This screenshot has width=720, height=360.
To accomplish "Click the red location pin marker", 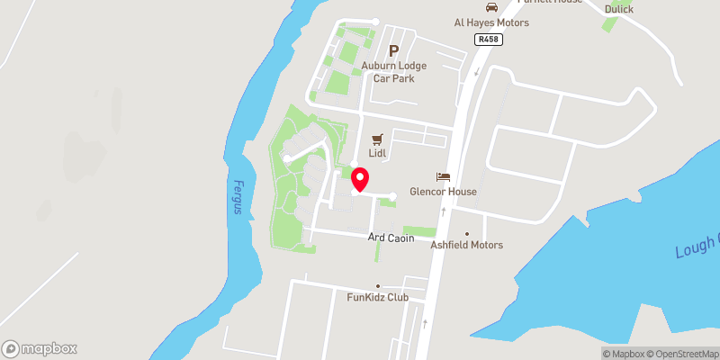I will [x=359, y=179].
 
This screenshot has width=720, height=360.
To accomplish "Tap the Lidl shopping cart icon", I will [x=377, y=140].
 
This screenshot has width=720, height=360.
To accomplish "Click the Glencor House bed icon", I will [x=442, y=177].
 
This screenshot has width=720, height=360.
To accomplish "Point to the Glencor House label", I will [x=442, y=192].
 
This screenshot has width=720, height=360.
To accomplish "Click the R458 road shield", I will [x=489, y=40].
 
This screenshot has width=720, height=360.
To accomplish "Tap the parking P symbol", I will [x=393, y=51].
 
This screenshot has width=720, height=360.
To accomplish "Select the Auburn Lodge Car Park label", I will [x=393, y=72].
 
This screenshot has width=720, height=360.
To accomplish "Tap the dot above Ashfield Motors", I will [x=466, y=234].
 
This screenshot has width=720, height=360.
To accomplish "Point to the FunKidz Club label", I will [x=378, y=297].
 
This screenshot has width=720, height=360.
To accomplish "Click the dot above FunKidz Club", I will [x=378, y=286].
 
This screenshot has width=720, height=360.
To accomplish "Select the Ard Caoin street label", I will [x=391, y=238].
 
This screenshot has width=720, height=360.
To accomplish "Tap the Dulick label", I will [x=619, y=9].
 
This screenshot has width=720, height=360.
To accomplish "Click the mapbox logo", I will [x=40, y=348].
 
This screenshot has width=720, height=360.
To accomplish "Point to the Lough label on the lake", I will [x=698, y=247].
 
